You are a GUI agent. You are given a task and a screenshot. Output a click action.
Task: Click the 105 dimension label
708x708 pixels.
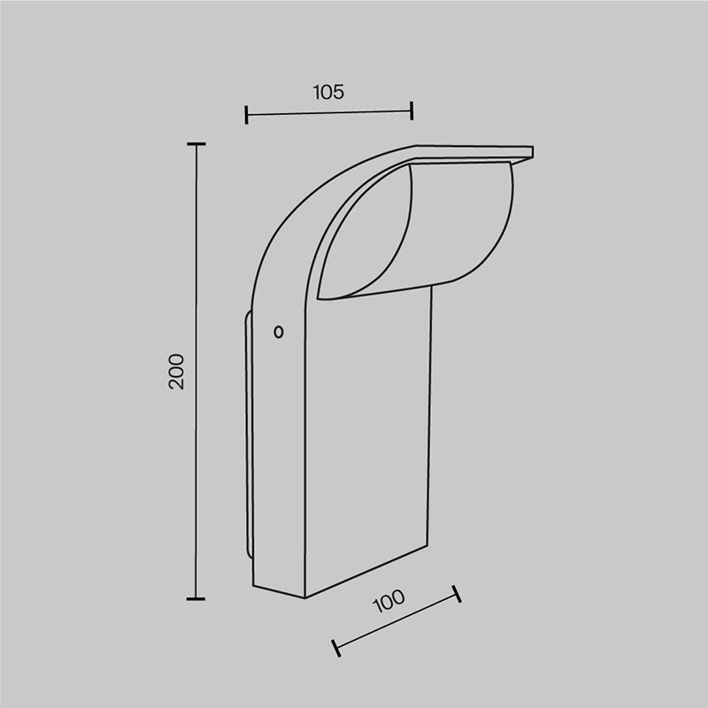click(x=328, y=92)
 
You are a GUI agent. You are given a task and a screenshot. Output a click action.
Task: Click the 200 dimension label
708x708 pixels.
click(x=176, y=372)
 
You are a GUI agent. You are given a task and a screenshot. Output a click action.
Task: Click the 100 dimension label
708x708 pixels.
click(x=389, y=601)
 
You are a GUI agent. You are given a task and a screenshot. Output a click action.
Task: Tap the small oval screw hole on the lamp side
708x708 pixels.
click(x=279, y=333)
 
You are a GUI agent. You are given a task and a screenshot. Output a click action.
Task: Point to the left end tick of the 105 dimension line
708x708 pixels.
click(x=246, y=115)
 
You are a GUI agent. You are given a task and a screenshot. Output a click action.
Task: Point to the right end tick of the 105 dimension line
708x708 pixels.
click(x=412, y=111)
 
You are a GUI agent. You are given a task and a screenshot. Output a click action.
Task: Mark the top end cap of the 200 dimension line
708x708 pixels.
click(x=196, y=144)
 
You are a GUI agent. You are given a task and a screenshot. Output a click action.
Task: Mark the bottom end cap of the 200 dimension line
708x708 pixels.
click(x=196, y=599)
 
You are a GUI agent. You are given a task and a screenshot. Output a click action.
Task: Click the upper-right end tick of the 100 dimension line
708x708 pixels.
click(x=457, y=593)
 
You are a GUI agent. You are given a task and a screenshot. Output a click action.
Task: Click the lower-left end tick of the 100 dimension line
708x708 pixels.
click(x=336, y=648)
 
